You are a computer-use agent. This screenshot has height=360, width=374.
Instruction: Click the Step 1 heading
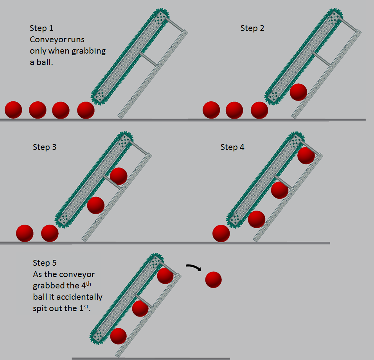click(x=41, y=28)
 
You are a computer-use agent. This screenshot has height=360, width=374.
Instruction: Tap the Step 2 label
click(x=252, y=28)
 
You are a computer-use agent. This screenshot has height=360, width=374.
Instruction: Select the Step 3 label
click(x=45, y=147)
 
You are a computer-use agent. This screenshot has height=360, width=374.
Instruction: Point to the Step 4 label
click(x=232, y=147)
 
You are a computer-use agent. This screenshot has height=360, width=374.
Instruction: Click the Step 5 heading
click(x=45, y=263)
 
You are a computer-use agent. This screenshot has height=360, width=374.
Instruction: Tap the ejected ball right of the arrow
click(x=214, y=280)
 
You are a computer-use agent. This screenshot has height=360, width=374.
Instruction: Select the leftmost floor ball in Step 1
click(x=13, y=110)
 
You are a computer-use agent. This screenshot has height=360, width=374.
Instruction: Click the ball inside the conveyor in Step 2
click(x=298, y=92)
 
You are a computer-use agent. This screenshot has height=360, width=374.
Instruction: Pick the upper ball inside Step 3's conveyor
click(x=119, y=176)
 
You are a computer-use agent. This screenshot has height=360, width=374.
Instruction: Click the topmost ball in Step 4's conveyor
click(x=306, y=156)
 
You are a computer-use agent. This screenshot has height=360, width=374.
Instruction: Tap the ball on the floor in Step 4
click(x=221, y=233)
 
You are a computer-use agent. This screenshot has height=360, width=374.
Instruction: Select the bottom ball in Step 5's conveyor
click(x=118, y=336)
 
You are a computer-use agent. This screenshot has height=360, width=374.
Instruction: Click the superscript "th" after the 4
click(x=88, y=284)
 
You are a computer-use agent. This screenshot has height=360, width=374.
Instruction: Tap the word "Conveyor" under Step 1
click(x=45, y=40)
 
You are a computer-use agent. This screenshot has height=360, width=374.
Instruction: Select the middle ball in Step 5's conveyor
click(x=140, y=308)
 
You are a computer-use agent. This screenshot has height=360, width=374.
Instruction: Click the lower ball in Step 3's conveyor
click(x=95, y=205)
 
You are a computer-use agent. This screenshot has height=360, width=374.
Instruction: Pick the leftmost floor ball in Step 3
click(x=25, y=233)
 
